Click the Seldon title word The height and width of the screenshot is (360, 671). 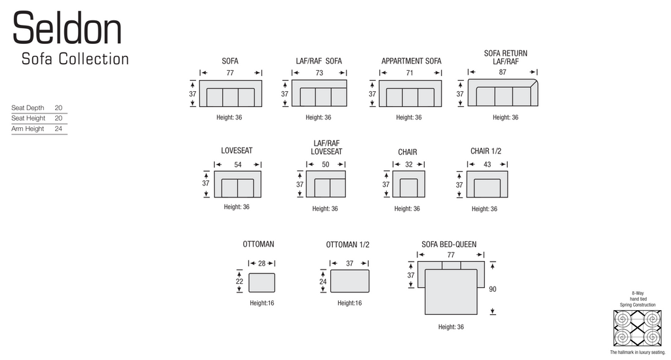point(67,28)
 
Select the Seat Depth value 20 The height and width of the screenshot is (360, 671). point(58,108)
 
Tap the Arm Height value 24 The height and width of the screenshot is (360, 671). point(58,129)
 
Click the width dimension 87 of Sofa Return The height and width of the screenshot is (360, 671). point(503,72)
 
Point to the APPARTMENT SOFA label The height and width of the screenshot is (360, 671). point(412,61)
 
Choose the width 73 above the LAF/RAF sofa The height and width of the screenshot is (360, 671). point(319,73)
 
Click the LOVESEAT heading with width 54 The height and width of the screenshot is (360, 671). point(237,151)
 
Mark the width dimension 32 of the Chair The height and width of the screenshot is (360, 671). point(409,165)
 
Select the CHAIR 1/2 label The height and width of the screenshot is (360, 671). point(486,151)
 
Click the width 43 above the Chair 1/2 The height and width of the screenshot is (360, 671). point(487,165)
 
